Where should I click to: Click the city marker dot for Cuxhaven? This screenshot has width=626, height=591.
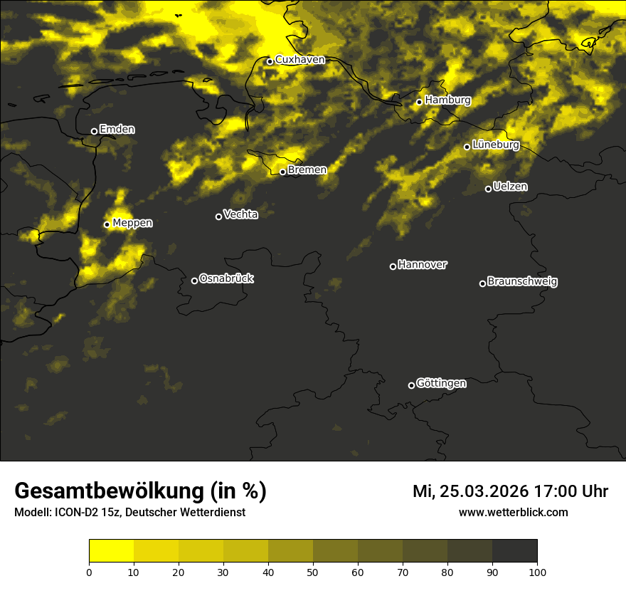(x=270, y=61)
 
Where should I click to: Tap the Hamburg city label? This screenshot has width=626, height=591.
(x=447, y=100)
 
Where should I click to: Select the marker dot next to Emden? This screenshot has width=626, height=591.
(x=94, y=131)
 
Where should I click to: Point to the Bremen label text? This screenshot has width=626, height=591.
(x=307, y=170)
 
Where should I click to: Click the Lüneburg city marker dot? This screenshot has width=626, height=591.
(x=467, y=147)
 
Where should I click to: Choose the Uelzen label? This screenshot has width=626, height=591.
(x=510, y=187)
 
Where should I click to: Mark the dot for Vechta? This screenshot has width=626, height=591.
(x=218, y=216)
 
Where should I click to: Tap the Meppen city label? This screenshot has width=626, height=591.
(x=132, y=223)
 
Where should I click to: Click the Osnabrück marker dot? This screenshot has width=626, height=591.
(x=194, y=281)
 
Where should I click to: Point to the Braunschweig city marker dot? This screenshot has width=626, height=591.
(x=482, y=283)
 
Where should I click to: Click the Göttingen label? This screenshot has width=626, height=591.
(x=441, y=384)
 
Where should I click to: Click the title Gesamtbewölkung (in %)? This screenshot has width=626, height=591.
(x=140, y=491)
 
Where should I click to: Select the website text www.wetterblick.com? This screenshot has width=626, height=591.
(x=514, y=512)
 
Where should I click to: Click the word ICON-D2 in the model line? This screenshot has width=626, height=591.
(x=74, y=512)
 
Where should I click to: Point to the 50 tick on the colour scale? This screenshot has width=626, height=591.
(x=313, y=572)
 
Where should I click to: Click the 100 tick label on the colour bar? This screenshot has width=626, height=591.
(x=537, y=572)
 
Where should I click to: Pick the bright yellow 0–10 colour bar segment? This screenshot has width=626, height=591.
(x=112, y=550)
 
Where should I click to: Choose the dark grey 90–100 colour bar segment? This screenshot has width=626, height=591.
(x=514, y=550)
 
